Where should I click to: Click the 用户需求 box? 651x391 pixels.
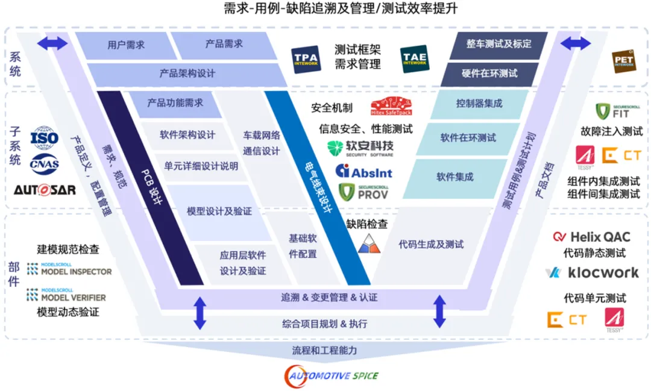tap(126, 45)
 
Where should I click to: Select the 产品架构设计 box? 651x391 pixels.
tap(187, 74)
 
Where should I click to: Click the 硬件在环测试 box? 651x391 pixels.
tap(489, 74)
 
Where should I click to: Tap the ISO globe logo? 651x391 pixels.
tap(45, 137)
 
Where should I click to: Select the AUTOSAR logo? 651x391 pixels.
tap(45, 190)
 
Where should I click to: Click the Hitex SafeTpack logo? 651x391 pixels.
tap(392, 106)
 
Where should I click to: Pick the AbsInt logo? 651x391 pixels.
tap(363, 172)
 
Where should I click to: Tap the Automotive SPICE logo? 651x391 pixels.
tap(332, 376)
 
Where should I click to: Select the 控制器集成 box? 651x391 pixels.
tap(479, 104)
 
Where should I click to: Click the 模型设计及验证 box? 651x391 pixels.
tap(219, 212)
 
